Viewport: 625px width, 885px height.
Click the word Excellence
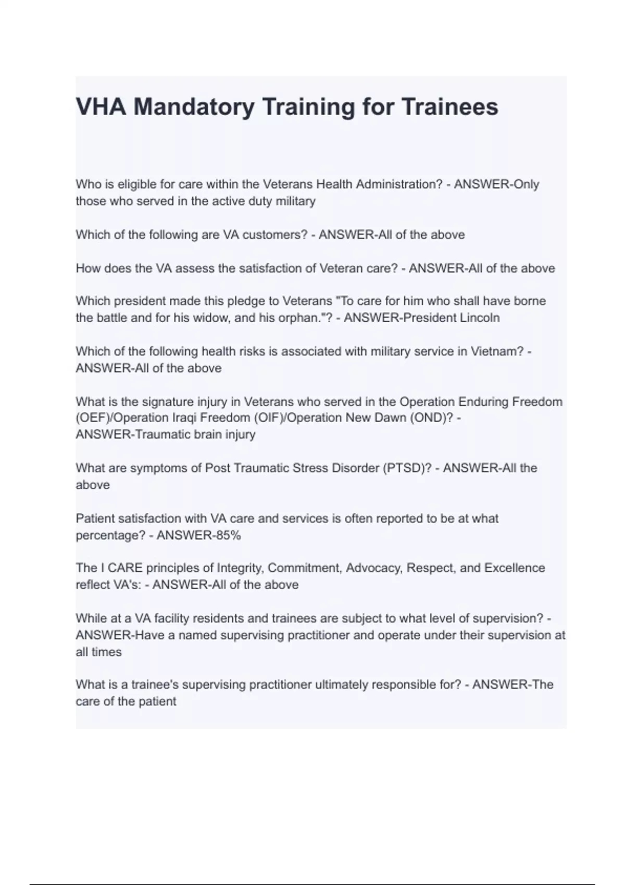point(515,567)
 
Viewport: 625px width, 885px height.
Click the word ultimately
point(340,685)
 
